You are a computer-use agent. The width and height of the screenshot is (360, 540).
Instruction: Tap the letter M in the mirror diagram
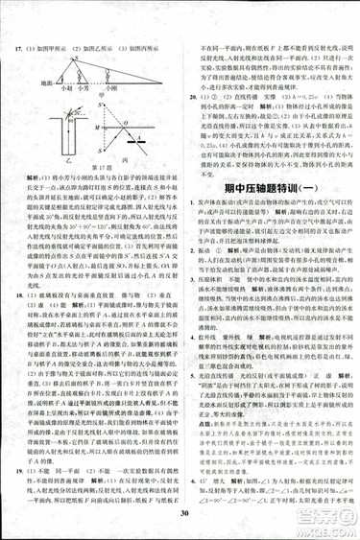97,126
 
